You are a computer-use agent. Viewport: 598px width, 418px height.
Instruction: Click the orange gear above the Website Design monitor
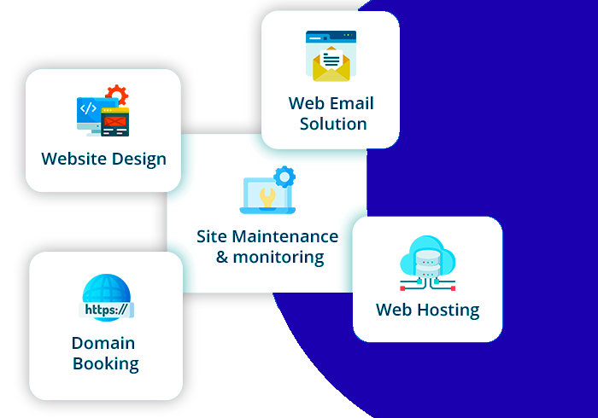(117, 95)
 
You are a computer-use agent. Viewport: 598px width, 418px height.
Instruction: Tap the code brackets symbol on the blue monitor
(88, 108)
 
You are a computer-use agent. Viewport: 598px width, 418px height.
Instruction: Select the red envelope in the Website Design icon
(114, 121)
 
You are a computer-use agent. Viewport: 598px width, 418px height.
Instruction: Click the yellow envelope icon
(331, 64)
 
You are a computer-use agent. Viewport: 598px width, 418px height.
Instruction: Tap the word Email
(352, 103)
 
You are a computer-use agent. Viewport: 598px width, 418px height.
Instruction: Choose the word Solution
(333, 124)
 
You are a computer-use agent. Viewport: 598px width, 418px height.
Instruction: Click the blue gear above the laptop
(284, 177)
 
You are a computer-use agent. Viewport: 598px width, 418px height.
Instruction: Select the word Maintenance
(284, 236)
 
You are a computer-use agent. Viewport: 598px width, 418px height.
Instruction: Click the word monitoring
(278, 258)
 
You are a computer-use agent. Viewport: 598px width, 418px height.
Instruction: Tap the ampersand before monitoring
(222, 258)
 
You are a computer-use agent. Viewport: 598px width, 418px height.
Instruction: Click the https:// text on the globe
(106, 310)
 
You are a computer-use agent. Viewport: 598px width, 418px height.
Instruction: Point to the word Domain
(103, 344)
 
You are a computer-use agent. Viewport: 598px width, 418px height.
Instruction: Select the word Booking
(106, 364)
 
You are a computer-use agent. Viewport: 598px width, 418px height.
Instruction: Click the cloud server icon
(427, 263)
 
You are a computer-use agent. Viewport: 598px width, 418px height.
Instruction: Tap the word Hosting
(448, 311)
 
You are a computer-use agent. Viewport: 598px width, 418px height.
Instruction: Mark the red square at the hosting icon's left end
(402, 288)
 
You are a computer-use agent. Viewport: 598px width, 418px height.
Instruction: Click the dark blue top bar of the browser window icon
(331, 37)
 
